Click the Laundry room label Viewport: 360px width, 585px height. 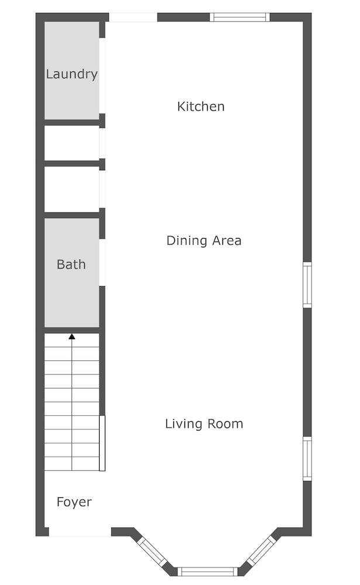pos(71,74)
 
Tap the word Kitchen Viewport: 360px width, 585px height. pos(201,106)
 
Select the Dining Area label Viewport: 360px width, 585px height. pos(204,240)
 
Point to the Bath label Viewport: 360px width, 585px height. pos(71,264)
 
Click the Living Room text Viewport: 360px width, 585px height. pos(204,424)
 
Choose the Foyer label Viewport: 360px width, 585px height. pos(74,502)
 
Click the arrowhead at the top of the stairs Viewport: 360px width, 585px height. pos(71,336)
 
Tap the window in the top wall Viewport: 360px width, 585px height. pos(239,17)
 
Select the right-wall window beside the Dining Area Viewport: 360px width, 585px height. pos(307,285)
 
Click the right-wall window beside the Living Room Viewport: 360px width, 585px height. pos(307,459)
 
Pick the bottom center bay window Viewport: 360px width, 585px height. pos(207,572)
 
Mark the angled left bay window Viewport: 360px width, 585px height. pos(152,552)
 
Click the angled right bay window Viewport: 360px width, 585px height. pos(262,550)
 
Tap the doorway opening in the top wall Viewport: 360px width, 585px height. pos(133,17)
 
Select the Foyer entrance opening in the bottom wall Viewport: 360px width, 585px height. pos(80,532)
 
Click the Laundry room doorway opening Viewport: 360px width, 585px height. pos(102,75)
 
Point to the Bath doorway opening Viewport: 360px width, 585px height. pos(102,262)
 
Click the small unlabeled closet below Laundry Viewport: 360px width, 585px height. pos(71,143)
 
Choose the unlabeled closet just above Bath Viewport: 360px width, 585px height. pos(71,189)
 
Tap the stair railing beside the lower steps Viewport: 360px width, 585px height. pos(102,443)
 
